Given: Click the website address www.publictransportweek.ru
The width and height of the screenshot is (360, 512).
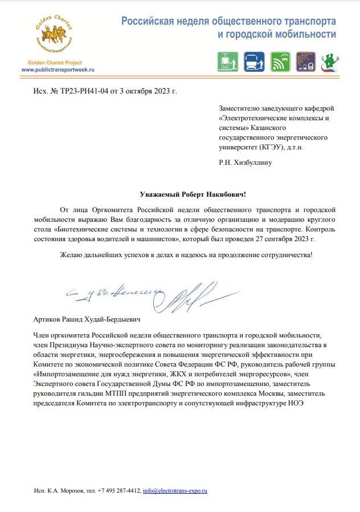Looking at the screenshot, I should (x=58, y=69).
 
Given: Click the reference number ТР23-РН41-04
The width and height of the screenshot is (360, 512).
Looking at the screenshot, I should (x=77, y=91).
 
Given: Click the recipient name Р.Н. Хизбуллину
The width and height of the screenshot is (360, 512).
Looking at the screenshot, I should (x=245, y=162).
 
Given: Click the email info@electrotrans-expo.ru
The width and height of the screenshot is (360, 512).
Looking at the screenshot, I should (x=175, y=490).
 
